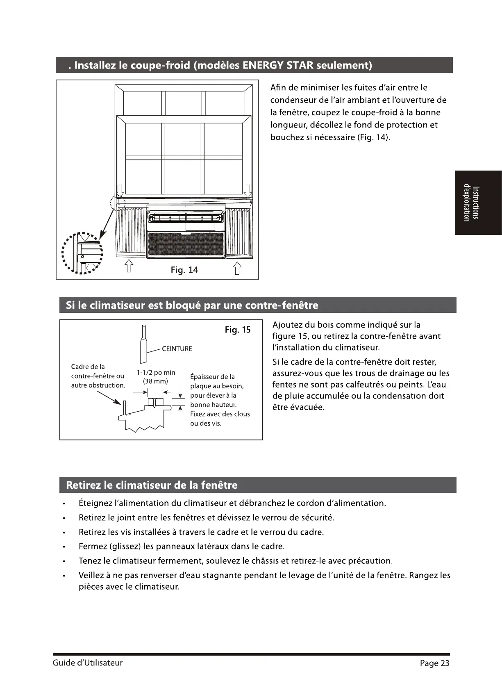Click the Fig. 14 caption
184,270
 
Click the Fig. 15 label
237,330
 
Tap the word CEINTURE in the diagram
177,349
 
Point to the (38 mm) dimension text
155,381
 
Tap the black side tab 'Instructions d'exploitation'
478,203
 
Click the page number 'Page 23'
434,663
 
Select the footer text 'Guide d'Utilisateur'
87,663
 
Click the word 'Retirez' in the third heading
83,485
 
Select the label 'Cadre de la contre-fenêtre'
98,371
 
